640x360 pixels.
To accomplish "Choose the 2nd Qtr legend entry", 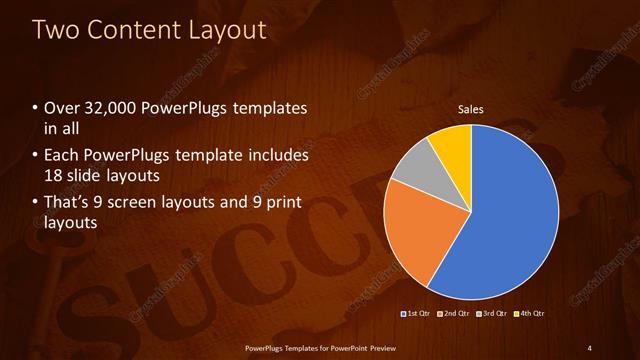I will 456,314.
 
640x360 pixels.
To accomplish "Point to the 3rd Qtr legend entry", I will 494,314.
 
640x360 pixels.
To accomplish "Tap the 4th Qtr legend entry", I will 530,314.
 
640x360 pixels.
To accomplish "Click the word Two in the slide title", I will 59,30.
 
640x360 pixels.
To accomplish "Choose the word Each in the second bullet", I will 61,156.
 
